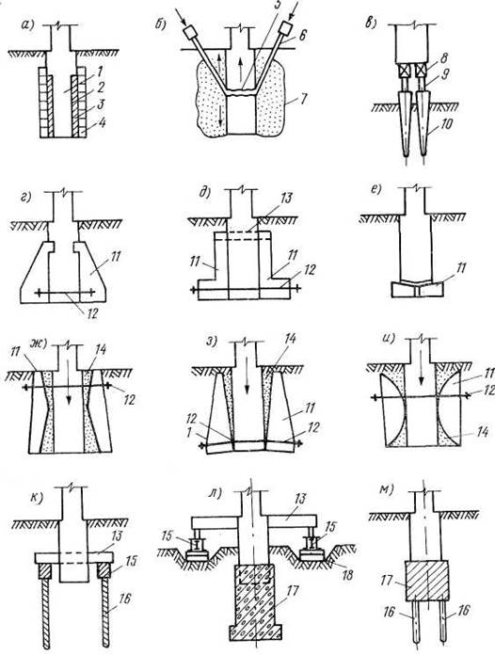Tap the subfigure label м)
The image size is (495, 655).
(387, 489)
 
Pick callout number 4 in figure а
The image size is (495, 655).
(101, 123)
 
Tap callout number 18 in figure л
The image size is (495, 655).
(347, 575)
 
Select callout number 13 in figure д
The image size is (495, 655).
(286, 199)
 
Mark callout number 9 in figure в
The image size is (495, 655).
(445, 75)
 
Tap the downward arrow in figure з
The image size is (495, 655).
(247, 377)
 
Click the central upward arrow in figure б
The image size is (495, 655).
(241, 67)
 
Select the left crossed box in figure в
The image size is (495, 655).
(404, 71)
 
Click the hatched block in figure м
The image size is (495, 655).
(427, 581)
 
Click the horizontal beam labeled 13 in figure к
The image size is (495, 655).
(74, 558)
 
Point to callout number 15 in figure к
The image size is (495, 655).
(130, 561)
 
